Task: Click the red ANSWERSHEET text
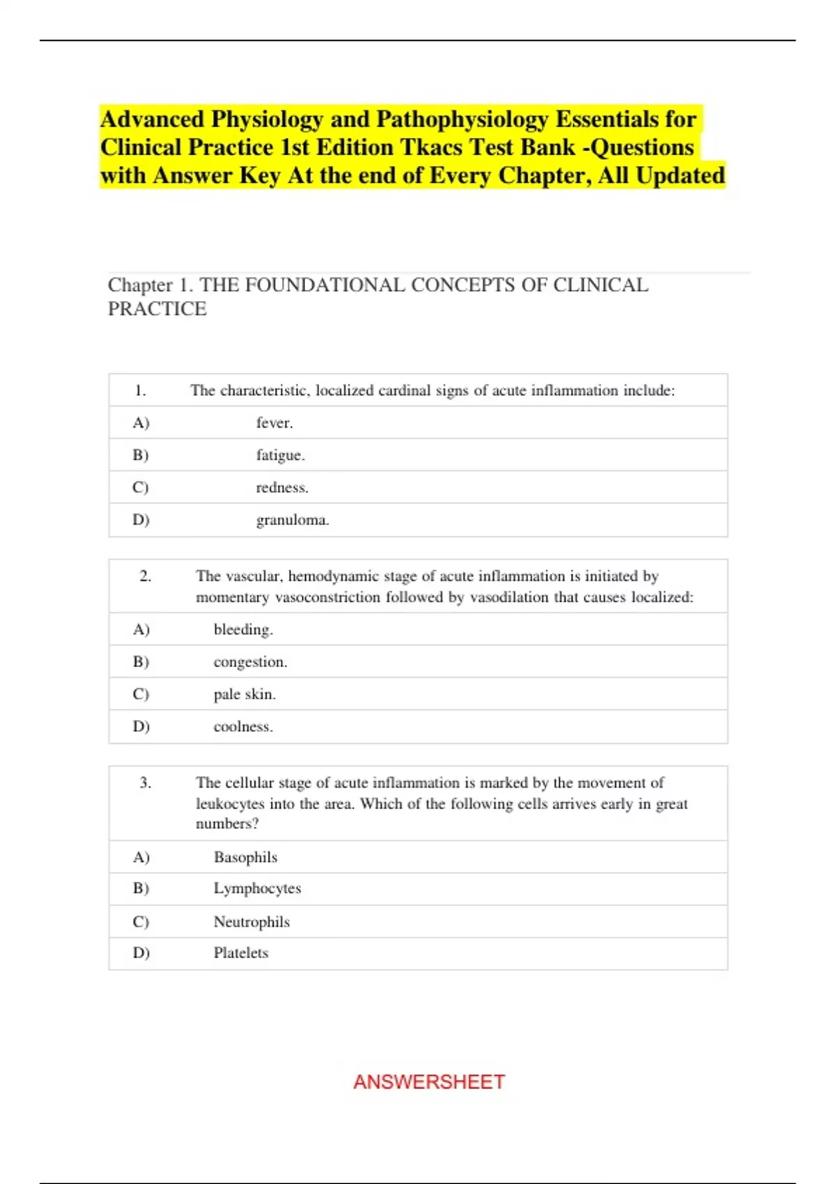(x=428, y=1082)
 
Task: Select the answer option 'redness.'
(x=282, y=488)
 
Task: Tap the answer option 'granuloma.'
(x=293, y=520)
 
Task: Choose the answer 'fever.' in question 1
(x=274, y=423)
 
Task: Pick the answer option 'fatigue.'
(x=280, y=455)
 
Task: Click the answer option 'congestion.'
(x=250, y=662)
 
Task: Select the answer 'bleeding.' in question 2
(x=243, y=630)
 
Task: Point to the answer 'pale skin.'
(x=245, y=694)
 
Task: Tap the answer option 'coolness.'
(x=243, y=726)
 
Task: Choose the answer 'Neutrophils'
(x=251, y=921)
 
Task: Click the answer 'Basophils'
(x=245, y=857)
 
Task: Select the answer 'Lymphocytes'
(x=257, y=888)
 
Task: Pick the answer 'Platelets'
(x=241, y=953)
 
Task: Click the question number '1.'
(x=140, y=391)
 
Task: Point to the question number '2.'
(x=145, y=576)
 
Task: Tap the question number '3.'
(x=145, y=783)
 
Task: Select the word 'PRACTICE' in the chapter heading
(x=157, y=309)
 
